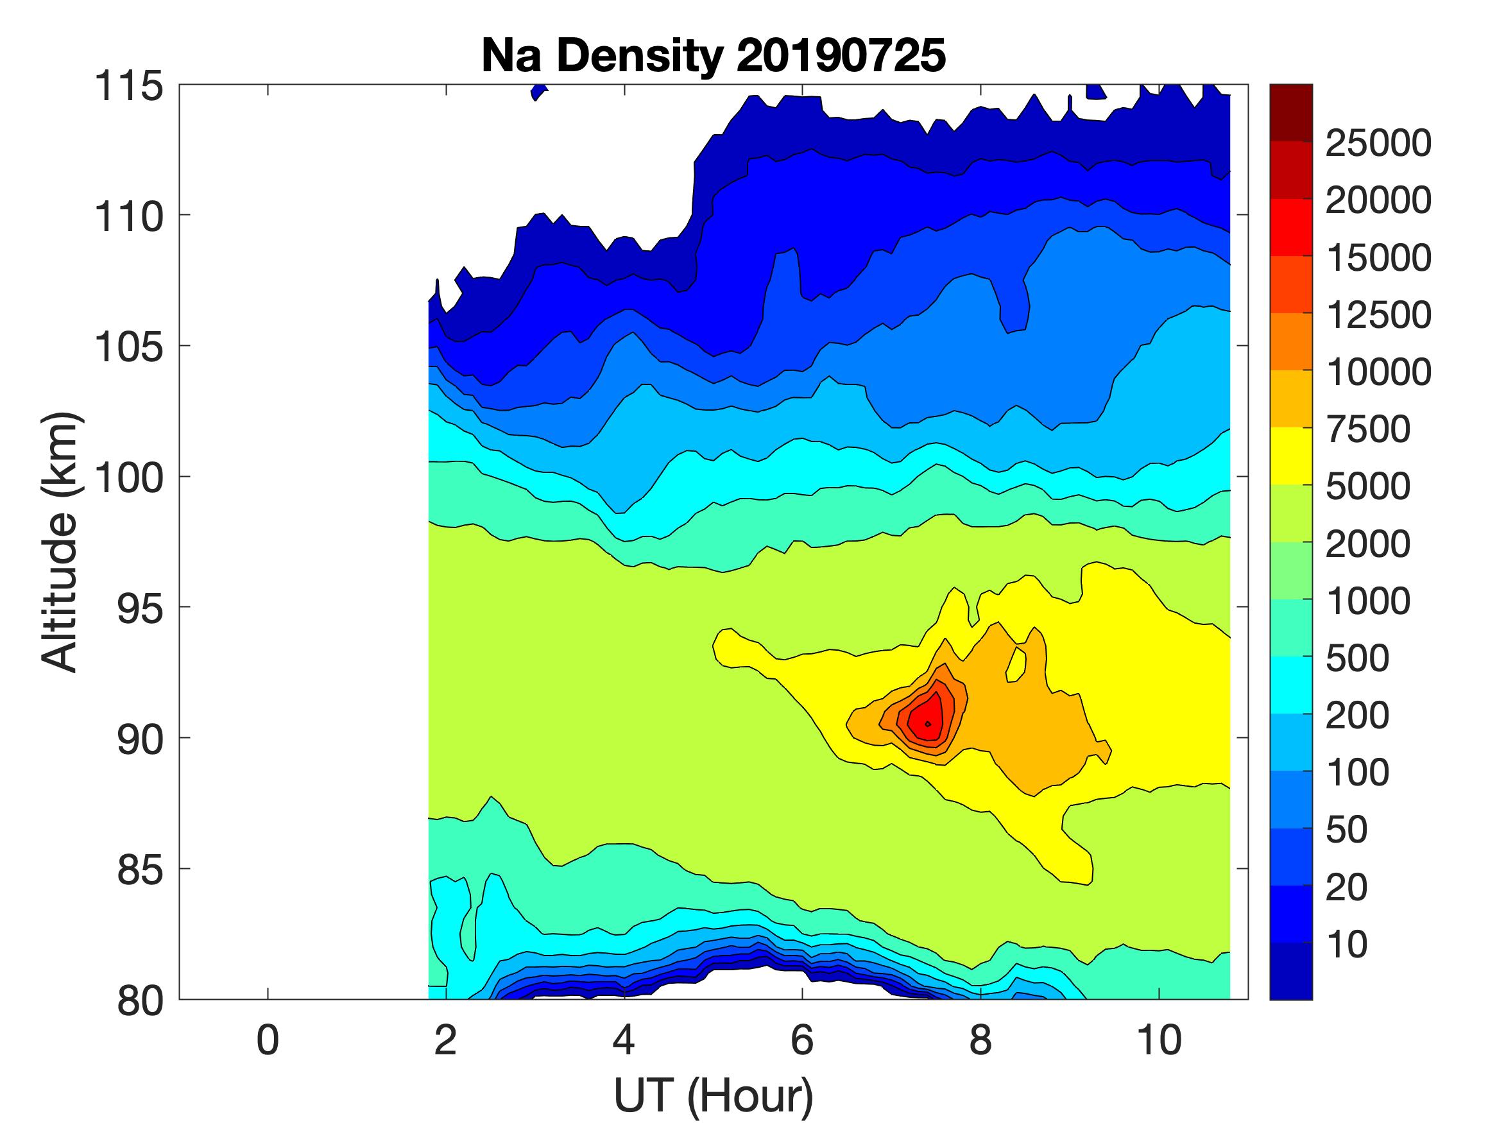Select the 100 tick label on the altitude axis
coord(128,478)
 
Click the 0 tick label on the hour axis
coord(268,1040)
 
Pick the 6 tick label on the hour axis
coord(802,1040)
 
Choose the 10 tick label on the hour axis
coord(1159,1040)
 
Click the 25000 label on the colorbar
coord(1378,144)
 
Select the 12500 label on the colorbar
coord(1378,315)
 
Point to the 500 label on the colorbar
coord(1357,658)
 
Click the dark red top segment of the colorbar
coord(1290,112)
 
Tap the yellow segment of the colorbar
coord(1290,456)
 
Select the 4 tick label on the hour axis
coord(623,1040)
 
